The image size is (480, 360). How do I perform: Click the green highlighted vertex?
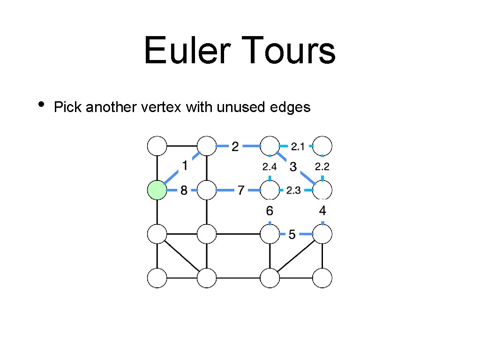[x=157, y=190]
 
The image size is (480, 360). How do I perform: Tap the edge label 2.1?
[x=297, y=147]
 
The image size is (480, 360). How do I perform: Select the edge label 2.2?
[x=322, y=166]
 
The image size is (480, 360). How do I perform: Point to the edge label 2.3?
[x=293, y=190]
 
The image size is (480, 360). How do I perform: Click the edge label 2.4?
[x=270, y=166]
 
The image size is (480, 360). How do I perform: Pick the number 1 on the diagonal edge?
[x=185, y=165]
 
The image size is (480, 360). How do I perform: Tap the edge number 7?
[x=241, y=191]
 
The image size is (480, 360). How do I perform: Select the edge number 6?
[x=270, y=211]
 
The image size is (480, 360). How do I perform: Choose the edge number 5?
[x=292, y=234]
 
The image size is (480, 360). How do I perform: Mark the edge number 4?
[x=322, y=211]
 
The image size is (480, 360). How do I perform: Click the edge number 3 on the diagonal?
[x=293, y=166]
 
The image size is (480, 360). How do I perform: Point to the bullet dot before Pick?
[x=41, y=104]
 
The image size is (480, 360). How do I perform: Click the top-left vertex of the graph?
[x=157, y=146]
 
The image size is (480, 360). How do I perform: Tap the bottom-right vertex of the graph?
[x=322, y=277]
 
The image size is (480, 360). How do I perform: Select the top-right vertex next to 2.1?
[x=322, y=146]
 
